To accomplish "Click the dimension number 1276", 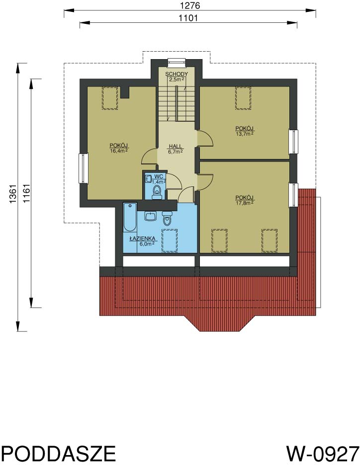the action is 190,5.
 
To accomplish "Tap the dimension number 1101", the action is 188,18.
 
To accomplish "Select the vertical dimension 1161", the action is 26,194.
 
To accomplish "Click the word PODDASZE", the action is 58,454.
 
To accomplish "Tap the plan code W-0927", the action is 323,454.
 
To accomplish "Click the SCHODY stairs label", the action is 177,74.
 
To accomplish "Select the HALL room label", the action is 176,146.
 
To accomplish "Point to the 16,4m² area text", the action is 119,151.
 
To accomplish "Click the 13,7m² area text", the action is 244,134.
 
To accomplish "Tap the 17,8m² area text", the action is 244,203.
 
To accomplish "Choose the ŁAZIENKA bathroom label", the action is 142,238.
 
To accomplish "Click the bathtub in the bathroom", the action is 130,217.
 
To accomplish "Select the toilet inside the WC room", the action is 157,192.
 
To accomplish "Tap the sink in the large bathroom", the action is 151,216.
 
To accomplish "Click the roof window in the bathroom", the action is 169,240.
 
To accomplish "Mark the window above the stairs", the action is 176,61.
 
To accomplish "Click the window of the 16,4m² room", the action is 83,168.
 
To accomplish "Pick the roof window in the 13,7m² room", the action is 243,98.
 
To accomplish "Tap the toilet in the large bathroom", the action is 167,217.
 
